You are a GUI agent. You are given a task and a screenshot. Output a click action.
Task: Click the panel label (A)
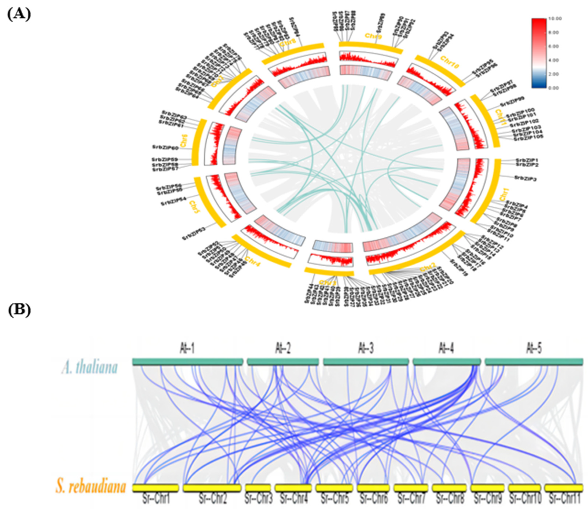[x=19, y=14]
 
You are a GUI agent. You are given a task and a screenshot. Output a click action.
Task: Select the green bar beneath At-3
[x=366, y=362]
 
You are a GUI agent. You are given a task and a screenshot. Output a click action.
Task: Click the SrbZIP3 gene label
[x=525, y=178]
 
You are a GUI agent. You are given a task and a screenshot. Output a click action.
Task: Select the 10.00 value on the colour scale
[x=555, y=19]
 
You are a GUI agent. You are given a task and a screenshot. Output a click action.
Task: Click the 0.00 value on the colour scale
[x=554, y=88]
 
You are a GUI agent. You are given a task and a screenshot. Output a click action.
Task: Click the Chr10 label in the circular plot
[x=450, y=62]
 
